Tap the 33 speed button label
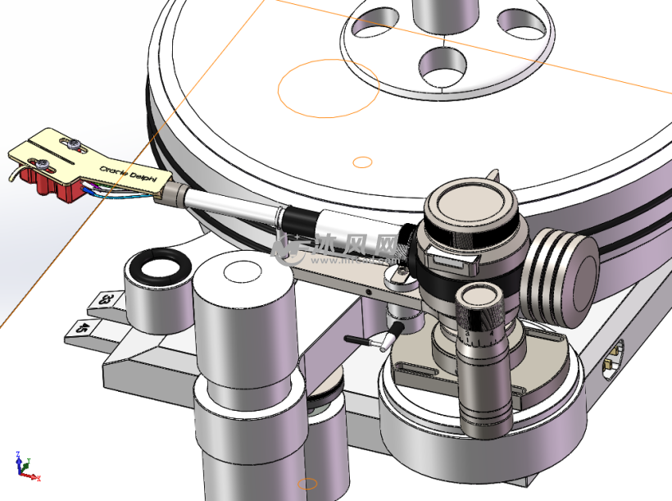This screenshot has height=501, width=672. [x=105, y=300]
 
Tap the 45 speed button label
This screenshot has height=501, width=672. [x=84, y=327]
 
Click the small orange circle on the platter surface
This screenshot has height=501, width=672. [x=362, y=162]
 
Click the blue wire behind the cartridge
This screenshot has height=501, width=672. [x=123, y=197]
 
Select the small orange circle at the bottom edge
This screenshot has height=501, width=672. [x=306, y=484]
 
